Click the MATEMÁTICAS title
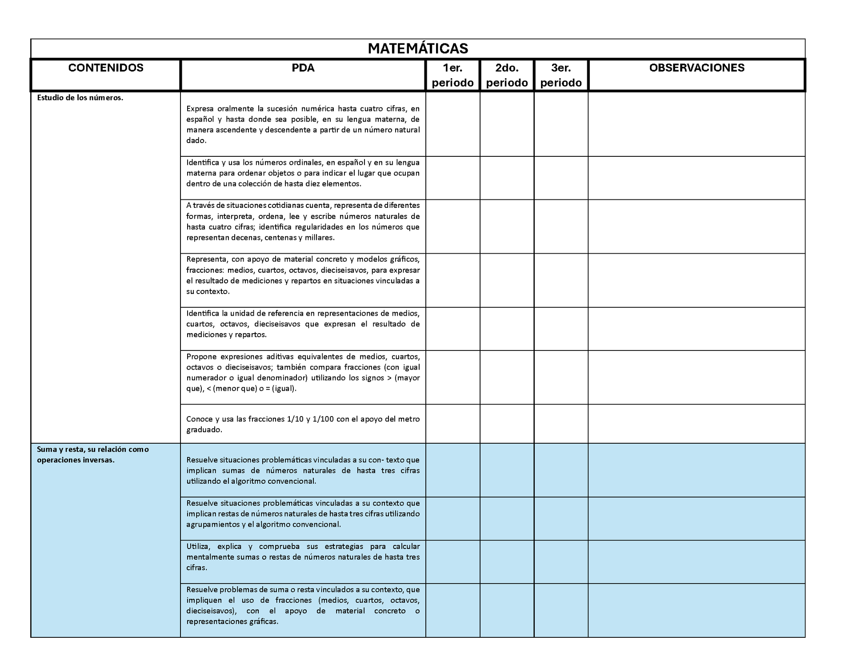[418, 48]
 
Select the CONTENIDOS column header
[106, 68]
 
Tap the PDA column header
[303, 68]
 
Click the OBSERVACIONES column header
[697, 68]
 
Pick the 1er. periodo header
[453, 75]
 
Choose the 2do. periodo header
[507, 75]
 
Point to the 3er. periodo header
[561, 75]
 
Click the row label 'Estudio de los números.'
[80, 98]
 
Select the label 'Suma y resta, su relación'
[93, 449]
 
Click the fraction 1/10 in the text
[295, 419]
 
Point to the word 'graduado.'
[204, 429]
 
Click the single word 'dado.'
[196, 140]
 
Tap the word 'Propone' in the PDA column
[201, 357]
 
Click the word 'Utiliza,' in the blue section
[197, 546]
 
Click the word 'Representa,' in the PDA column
[206, 259]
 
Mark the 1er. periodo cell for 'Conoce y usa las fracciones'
[453, 424]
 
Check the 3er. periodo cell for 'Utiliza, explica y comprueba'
[561, 562]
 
